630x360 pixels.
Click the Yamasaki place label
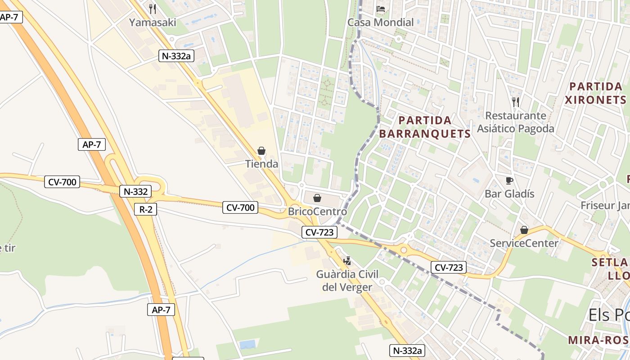pyautogui.click(x=153, y=22)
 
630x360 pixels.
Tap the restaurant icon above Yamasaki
pyautogui.click(x=153, y=9)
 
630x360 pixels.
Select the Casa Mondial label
pyautogui.click(x=380, y=22)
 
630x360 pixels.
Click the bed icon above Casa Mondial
pyautogui.click(x=380, y=9)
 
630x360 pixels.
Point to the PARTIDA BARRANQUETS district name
pyautogui.click(x=425, y=127)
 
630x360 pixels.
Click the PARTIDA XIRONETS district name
pyautogui.click(x=596, y=93)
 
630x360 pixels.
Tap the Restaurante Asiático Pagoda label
pyautogui.click(x=515, y=122)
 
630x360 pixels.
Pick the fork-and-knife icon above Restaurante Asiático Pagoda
pyautogui.click(x=516, y=102)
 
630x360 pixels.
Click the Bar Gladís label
pyautogui.click(x=509, y=193)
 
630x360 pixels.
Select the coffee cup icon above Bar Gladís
pyautogui.click(x=509, y=180)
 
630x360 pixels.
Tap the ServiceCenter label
pyautogui.click(x=524, y=243)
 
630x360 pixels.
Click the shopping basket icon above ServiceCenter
pyautogui.click(x=524, y=230)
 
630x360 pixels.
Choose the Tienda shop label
pyautogui.click(x=261, y=164)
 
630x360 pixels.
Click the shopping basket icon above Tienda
pyautogui.click(x=261, y=151)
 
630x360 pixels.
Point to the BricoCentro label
pyautogui.click(x=317, y=211)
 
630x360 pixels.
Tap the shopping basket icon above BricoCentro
pyautogui.click(x=317, y=198)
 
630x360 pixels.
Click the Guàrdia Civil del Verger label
pyautogui.click(x=347, y=280)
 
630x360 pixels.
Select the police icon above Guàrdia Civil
pyautogui.click(x=347, y=261)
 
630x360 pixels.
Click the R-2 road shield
pyautogui.click(x=145, y=209)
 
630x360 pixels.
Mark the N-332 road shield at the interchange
pyautogui.click(x=135, y=191)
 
